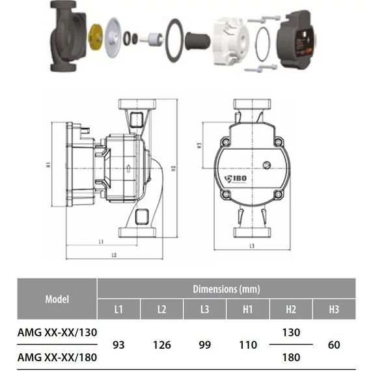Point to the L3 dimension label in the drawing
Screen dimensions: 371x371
tap(251, 245)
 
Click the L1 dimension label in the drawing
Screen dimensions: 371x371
tap(102, 241)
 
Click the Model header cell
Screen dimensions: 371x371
tap(57, 299)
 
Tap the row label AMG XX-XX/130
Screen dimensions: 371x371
tap(57, 332)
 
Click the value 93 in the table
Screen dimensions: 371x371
tap(118, 345)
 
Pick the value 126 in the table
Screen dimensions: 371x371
tap(162, 345)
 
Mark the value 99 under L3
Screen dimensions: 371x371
tap(205, 345)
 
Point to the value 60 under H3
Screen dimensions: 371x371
tap(334, 345)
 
